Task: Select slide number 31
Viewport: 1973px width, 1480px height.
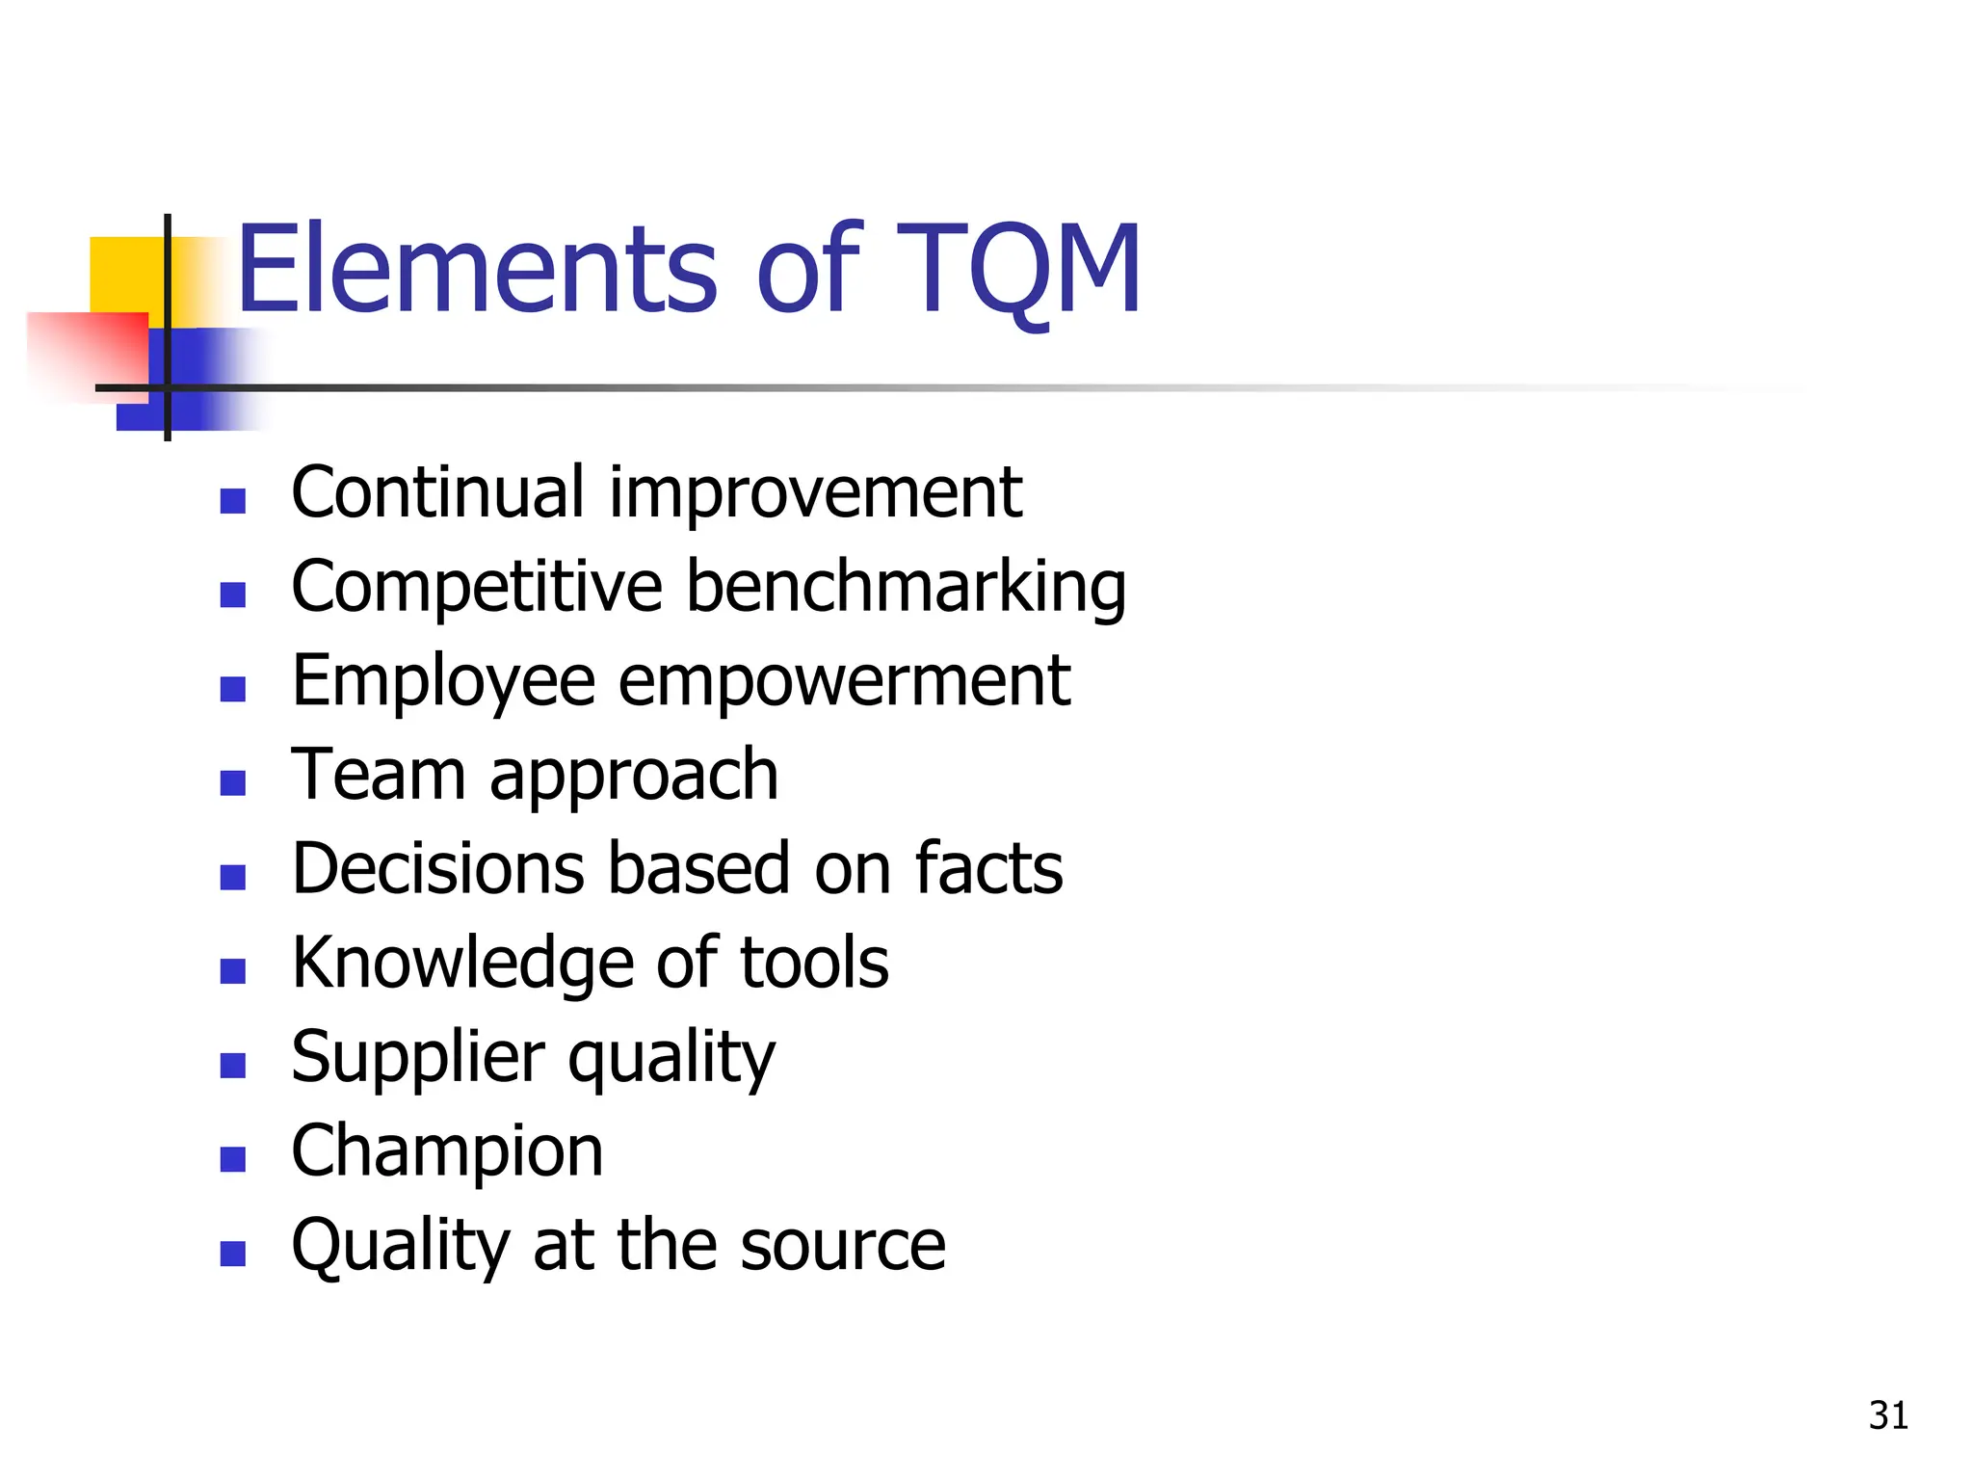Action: [1888, 1415]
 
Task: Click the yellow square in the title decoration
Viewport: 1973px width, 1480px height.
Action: [126, 275]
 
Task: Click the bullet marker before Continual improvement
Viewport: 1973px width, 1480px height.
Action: [232, 501]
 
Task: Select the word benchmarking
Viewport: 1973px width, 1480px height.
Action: [906, 588]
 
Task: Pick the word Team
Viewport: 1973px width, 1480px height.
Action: [379, 774]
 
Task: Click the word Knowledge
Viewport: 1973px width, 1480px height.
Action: [462, 963]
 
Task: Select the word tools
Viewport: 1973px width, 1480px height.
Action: [814, 963]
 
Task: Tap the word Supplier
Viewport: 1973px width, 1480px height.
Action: [417, 1057]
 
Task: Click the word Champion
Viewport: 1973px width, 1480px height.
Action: [447, 1150]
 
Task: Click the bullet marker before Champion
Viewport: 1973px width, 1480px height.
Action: [232, 1159]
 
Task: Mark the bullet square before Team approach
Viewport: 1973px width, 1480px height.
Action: [232, 782]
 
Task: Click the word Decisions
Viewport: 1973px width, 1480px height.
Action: [437, 868]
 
